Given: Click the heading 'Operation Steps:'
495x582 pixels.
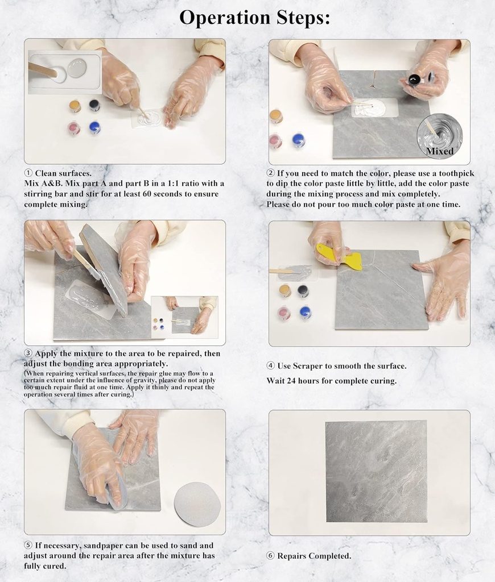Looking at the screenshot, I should pyautogui.click(x=254, y=18).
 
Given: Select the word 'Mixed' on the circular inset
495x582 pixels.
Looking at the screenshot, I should pyautogui.click(x=440, y=151).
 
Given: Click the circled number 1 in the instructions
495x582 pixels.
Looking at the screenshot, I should pyautogui.click(x=28, y=173).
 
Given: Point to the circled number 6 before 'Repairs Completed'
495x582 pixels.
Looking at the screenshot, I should pyautogui.click(x=270, y=556).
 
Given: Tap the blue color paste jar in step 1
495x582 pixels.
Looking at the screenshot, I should pyautogui.click(x=94, y=128).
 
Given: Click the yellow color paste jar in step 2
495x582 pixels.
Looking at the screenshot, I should pyautogui.click(x=276, y=116).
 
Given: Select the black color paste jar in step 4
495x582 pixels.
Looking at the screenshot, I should pyautogui.click(x=303, y=291).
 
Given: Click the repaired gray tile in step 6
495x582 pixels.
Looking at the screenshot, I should pyautogui.click(x=376, y=471).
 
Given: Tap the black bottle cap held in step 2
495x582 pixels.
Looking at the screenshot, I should pyautogui.click(x=415, y=79).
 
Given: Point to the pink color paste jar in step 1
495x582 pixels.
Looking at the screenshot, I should pyautogui.click(x=74, y=128).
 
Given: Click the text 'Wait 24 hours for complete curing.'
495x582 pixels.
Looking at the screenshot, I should pyautogui.click(x=331, y=381).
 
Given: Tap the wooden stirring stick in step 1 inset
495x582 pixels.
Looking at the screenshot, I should pyautogui.click(x=43, y=70).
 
